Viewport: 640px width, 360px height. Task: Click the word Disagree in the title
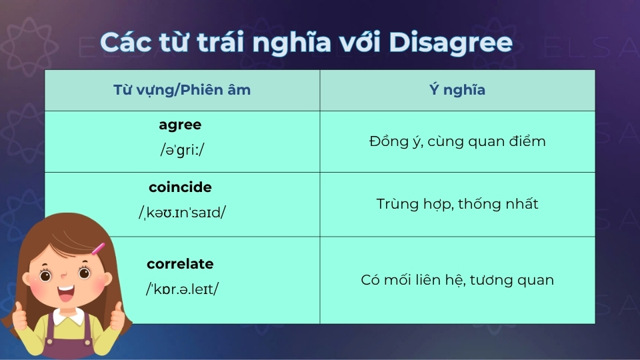coord(451,42)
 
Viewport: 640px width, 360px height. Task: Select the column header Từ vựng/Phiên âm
coord(182,90)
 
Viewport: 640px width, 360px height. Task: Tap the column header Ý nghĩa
coord(457,90)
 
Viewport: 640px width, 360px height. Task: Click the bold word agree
coord(180,125)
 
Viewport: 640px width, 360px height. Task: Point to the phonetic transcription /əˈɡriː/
coord(182,149)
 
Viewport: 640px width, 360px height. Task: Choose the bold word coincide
coord(180,187)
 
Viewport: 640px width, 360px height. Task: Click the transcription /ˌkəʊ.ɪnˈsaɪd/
coord(182,213)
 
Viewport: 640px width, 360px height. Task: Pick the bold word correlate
coord(180,264)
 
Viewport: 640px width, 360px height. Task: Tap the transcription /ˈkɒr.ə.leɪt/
coord(182,289)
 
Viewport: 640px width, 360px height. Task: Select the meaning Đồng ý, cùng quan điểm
coord(457,141)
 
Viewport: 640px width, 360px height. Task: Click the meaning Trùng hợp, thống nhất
coord(457,204)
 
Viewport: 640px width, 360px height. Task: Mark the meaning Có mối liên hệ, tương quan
coord(457,280)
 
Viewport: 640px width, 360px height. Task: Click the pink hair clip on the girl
coord(98,249)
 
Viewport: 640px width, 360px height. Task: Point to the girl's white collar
coord(67,319)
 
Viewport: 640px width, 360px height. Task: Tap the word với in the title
coord(361,42)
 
